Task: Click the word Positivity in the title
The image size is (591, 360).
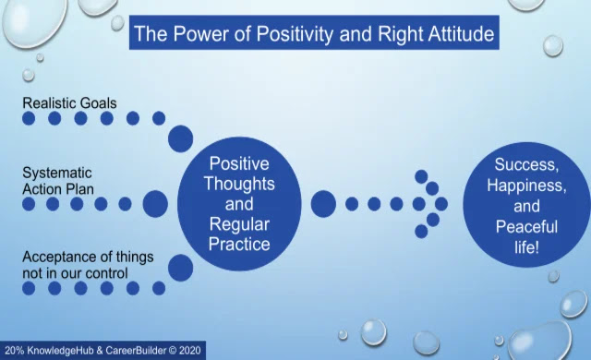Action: (x=295, y=34)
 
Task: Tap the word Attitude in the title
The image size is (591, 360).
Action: (x=461, y=34)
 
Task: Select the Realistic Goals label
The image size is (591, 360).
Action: (x=69, y=102)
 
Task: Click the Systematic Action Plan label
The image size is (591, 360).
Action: (x=58, y=181)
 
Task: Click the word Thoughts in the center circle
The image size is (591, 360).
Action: (x=239, y=184)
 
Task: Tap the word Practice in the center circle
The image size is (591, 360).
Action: (x=239, y=244)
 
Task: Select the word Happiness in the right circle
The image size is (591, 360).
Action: (x=526, y=186)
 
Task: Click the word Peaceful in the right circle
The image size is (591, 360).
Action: (x=526, y=227)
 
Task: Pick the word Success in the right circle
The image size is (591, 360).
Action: (x=526, y=164)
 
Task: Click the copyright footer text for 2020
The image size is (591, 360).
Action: (x=103, y=351)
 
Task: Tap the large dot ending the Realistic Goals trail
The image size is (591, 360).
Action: (x=181, y=138)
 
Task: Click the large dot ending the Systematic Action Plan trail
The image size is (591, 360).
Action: (x=155, y=204)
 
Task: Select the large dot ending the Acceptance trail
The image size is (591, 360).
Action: (x=181, y=268)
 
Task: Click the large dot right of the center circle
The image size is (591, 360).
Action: (x=323, y=204)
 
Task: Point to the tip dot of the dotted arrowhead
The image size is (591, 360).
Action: (x=441, y=204)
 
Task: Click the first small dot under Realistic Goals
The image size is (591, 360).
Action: (x=29, y=118)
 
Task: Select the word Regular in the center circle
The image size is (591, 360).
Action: (x=239, y=225)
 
